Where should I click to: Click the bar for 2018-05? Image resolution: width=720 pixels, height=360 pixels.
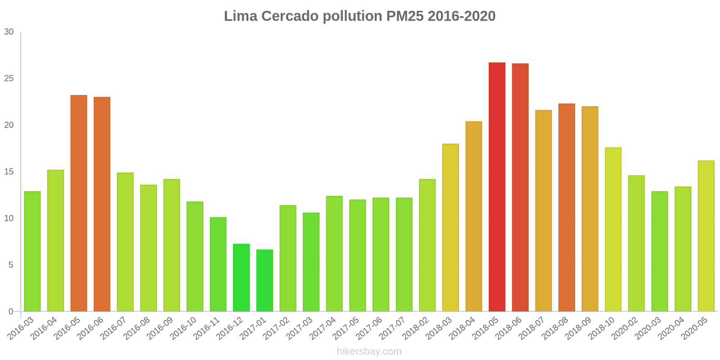[x=497, y=187]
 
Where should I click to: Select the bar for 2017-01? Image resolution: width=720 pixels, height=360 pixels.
[x=265, y=280]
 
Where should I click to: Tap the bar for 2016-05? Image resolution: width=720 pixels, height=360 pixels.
[x=79, y=203]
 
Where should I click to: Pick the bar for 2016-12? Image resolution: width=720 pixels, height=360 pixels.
[x=241, y=278]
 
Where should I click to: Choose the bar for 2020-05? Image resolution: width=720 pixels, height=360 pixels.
[x=706, y=236]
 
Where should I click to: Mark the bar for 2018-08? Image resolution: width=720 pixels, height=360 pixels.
[x=567, y=207]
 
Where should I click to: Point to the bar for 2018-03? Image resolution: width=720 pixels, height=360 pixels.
[x=450, y=227]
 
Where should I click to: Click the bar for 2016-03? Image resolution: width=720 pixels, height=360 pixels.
[x=32, y=251]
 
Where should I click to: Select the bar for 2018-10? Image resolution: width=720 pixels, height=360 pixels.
[x=613, y=229]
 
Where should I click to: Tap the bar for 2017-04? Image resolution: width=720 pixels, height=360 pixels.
[x=334, y=253]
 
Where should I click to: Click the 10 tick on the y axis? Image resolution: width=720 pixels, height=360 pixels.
[x=9, y=218]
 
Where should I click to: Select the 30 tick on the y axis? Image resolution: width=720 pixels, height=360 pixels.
[x=9, y=32]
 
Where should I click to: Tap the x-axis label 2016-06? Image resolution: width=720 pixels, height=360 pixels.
[x=90, y=328]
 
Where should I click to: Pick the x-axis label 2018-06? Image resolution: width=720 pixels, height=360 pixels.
[x=509, y=328]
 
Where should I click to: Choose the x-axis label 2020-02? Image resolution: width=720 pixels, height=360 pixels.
[x=625, y=328]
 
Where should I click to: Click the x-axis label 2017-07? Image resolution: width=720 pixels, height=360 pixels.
[x=393, y=328]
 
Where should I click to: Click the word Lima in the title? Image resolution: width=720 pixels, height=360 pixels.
[x=241, y=16]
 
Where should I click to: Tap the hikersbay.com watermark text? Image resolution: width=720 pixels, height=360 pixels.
[x=369, y=351]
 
